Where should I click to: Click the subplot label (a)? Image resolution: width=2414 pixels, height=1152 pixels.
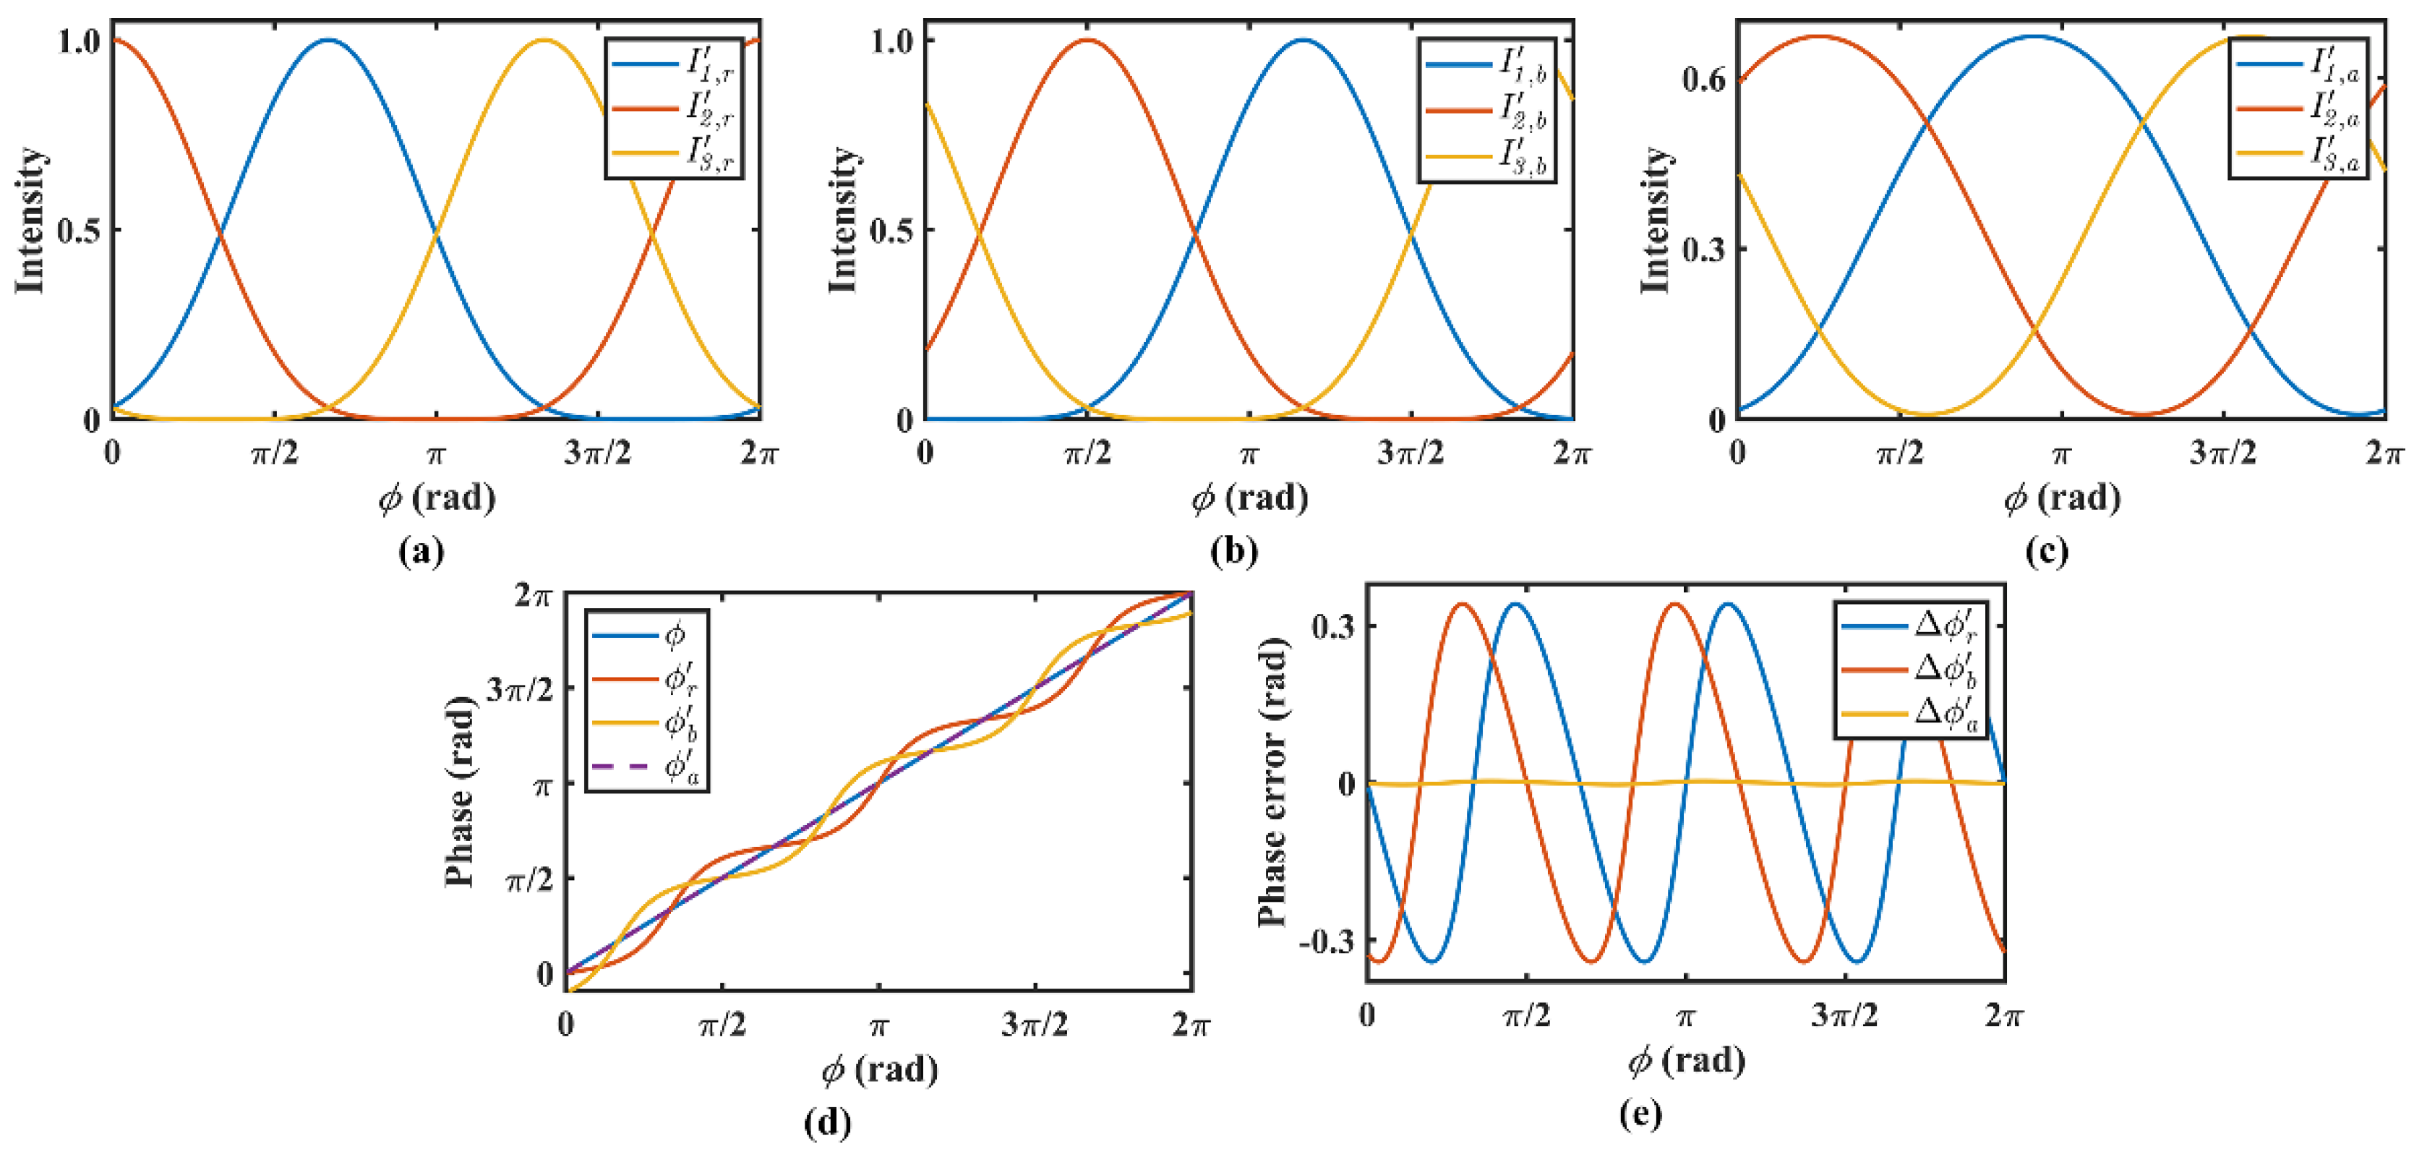(x=421, y=551)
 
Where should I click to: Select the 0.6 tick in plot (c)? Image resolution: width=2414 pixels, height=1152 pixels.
(x=1703, y=80)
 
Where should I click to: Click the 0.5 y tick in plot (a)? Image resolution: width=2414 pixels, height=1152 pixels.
(x=79, y=231)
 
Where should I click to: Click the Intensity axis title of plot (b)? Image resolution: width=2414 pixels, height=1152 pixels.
(x=842, y=219)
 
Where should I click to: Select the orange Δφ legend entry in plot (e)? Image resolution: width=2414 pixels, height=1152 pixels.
(x=1912, y=668)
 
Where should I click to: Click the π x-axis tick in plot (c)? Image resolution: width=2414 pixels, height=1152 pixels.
(x=2060, y=453)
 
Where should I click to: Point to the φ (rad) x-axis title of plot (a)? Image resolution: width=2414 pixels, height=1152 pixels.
(x=437, y=498)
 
